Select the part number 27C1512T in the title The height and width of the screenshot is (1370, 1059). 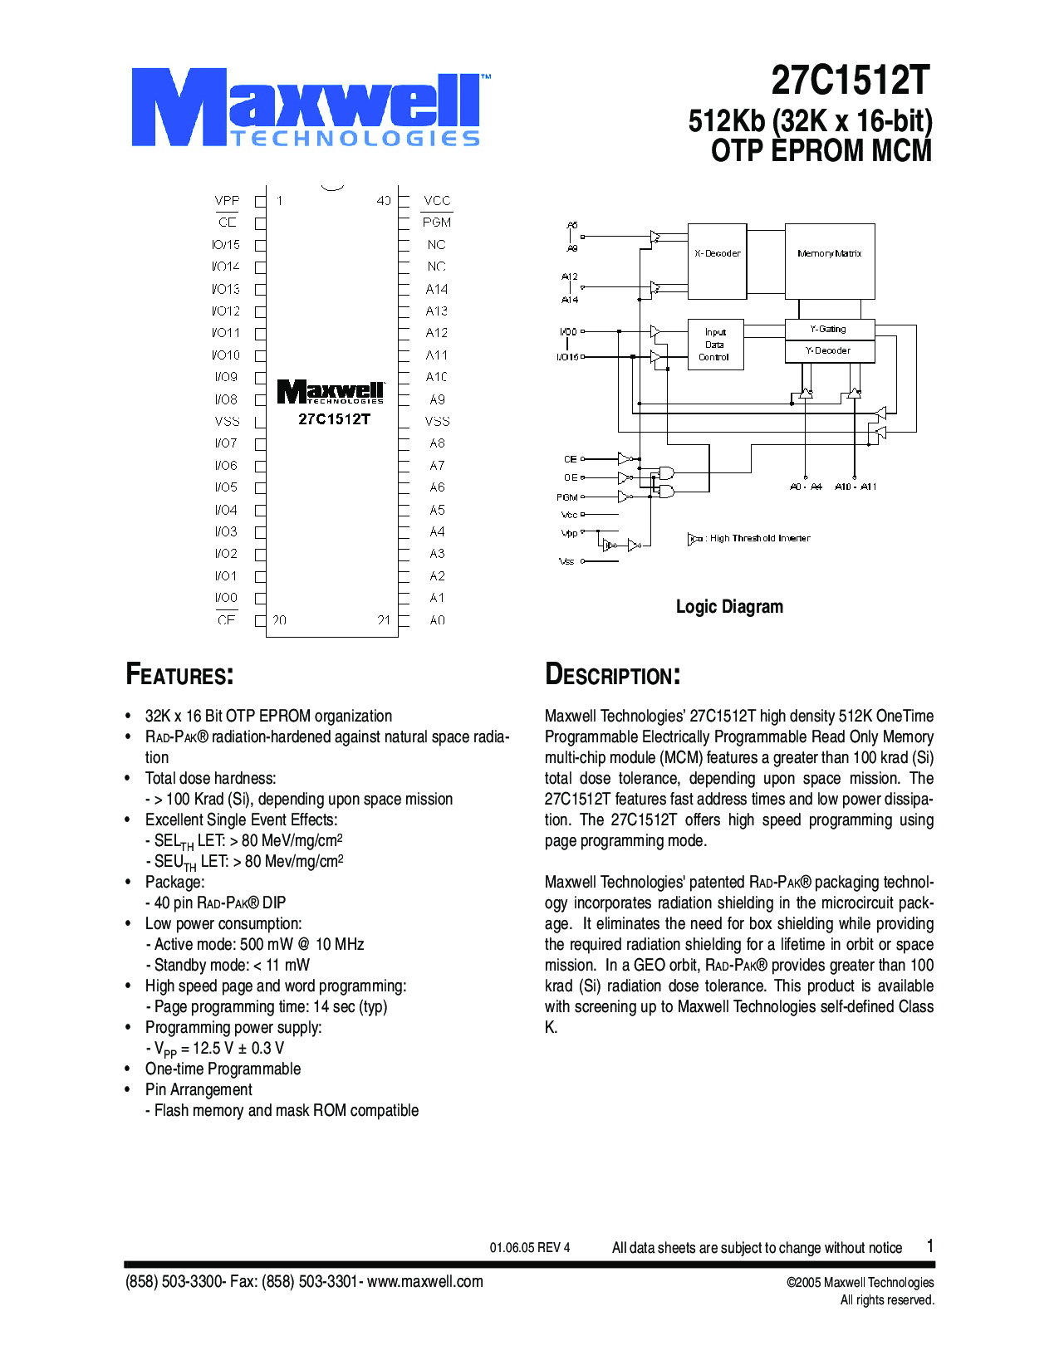click(x=851, y=81)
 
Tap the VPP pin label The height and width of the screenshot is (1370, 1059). click(x=227, y=201)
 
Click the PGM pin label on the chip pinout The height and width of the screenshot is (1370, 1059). click(x=437, y=223)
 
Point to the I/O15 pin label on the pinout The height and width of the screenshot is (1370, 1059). click(x=226, y=245)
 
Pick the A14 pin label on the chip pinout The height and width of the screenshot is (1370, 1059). click(x=437, y=289)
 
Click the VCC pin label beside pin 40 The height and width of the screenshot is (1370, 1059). click(x=437, y=201)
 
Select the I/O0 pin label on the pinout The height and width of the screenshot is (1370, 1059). click(x=226, y=598)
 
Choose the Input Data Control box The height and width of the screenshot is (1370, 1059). click(x=715, y=345)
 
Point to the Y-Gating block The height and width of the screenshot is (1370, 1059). click(x=829, y=330)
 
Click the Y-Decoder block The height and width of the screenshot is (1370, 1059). click(x=829, y=351)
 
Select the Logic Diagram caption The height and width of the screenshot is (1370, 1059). click(x=729, y=607)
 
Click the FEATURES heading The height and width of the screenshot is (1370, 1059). click(x=179, y=674)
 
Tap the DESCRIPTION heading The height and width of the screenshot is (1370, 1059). click(x=613, y=674)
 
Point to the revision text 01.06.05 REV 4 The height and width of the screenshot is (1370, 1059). click(x=530, y=1247)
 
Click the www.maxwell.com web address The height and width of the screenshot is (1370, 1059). click(x=425, y=1281)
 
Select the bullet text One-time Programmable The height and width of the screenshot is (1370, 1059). click(x=223, y=1069)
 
